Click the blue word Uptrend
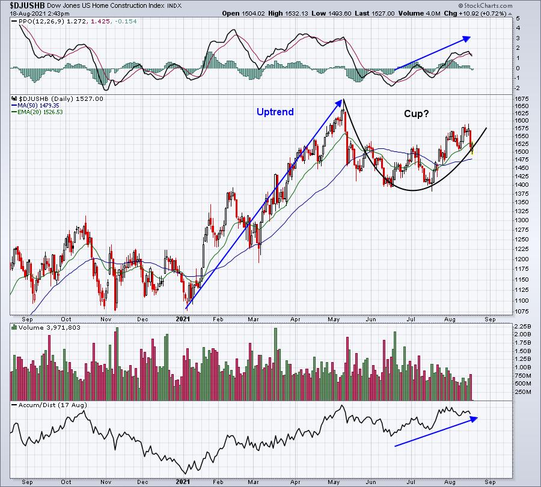275,112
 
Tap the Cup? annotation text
417,113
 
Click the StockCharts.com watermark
486,5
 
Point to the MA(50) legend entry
35,106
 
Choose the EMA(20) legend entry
37,112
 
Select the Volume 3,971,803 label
49,327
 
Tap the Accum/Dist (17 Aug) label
52,405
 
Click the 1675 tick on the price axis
521,99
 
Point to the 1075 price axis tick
521,311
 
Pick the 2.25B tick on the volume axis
523,326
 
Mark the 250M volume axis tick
523,392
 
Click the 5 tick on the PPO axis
518,18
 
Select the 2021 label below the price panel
183,319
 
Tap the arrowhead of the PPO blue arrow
467,38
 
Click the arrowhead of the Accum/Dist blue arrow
474,419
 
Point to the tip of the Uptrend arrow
342,100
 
